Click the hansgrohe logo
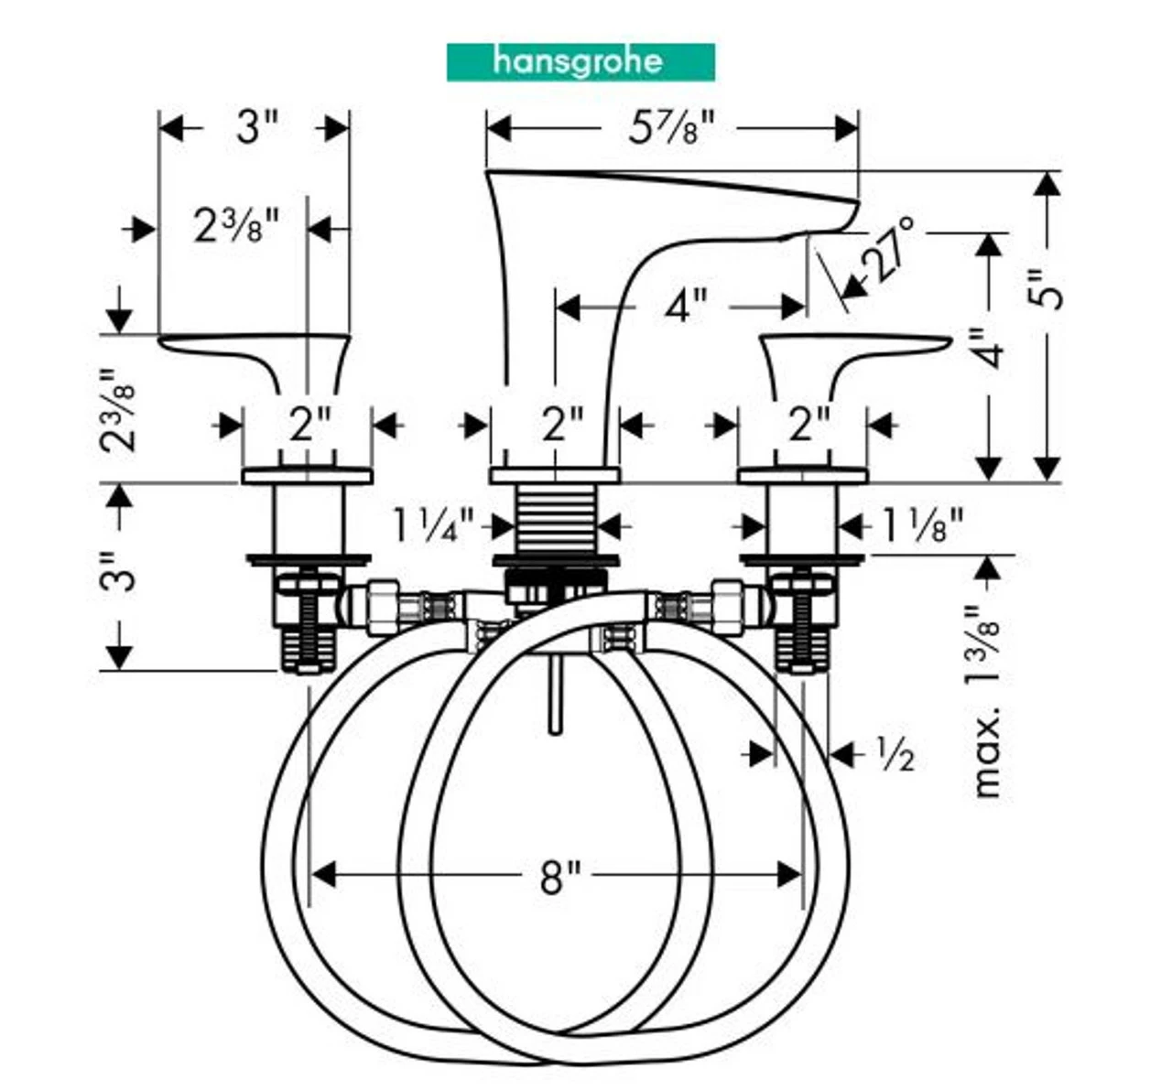point(581,62)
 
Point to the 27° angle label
point(889,248)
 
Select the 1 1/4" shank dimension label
point(434,526)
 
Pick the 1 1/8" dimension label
point(922,526)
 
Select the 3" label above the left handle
point(255,127)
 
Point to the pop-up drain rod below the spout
point(554,696)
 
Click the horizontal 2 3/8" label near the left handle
point(235,225)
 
